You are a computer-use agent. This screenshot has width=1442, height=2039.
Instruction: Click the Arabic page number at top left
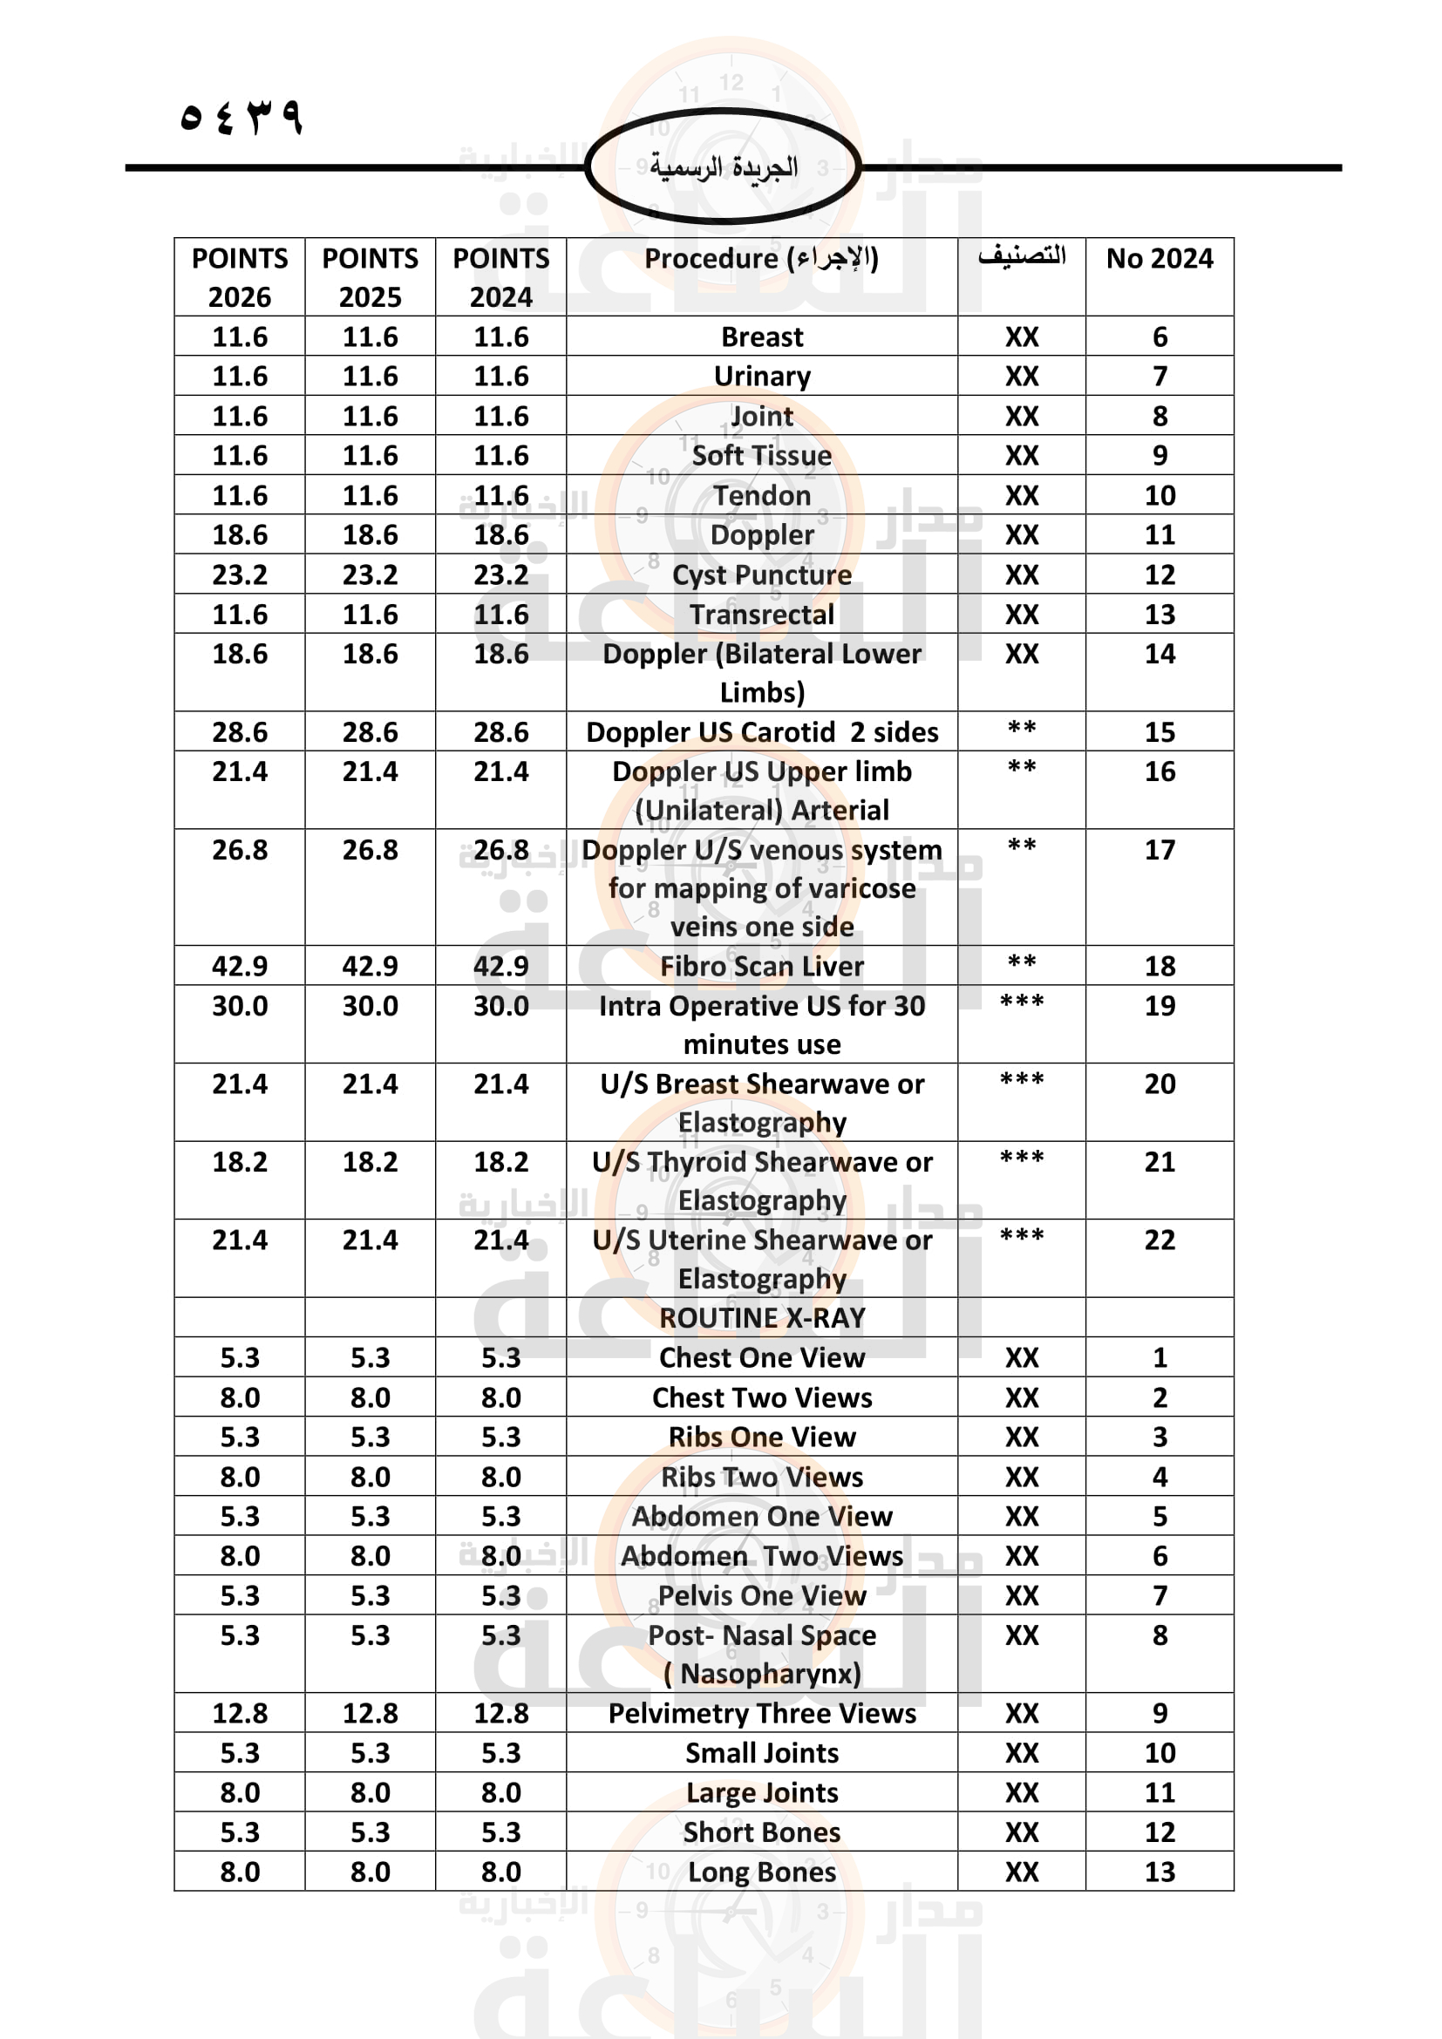tap(241, 116)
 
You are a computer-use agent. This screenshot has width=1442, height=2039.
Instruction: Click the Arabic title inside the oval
tap(723, 167)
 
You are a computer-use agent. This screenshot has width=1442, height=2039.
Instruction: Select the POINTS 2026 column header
tap(240, 277)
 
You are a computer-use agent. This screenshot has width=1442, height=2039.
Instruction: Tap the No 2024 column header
tap(1159, 258)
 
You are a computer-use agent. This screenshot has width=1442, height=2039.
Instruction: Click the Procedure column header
tap(761, 258)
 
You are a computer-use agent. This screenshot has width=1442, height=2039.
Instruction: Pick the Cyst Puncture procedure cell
tap(762, 574)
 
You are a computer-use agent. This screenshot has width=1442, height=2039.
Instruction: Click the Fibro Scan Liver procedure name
tap(762, 966)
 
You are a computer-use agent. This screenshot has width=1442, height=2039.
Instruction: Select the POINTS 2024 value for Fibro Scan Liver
tap(500, 966)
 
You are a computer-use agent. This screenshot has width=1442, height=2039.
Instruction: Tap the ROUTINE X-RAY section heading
tap(762, 1318)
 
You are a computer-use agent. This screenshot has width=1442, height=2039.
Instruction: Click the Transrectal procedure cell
tap(762, 615)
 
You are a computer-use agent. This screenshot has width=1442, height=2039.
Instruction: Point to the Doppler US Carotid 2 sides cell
tap(762, 731)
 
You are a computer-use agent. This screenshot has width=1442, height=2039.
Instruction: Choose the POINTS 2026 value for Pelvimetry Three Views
tap(240, 1713)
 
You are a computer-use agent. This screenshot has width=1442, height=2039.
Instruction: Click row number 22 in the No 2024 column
tap(1159, 1240)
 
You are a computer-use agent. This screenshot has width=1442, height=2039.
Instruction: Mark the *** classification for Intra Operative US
tap(1021, 1003)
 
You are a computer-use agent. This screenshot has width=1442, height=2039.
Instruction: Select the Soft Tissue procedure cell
tap(762, 456)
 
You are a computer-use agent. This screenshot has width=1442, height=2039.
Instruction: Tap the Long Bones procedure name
tap(762, 1872)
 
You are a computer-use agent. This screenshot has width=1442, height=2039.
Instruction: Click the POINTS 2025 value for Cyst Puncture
tap(371, 574)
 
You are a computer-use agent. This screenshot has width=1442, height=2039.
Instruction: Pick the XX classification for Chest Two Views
tap(1021, 1397)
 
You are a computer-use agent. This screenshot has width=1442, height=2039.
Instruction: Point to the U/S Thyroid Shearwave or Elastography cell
tap(762, 1181)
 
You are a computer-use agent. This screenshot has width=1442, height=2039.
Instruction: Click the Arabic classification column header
tap(1021, 256)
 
